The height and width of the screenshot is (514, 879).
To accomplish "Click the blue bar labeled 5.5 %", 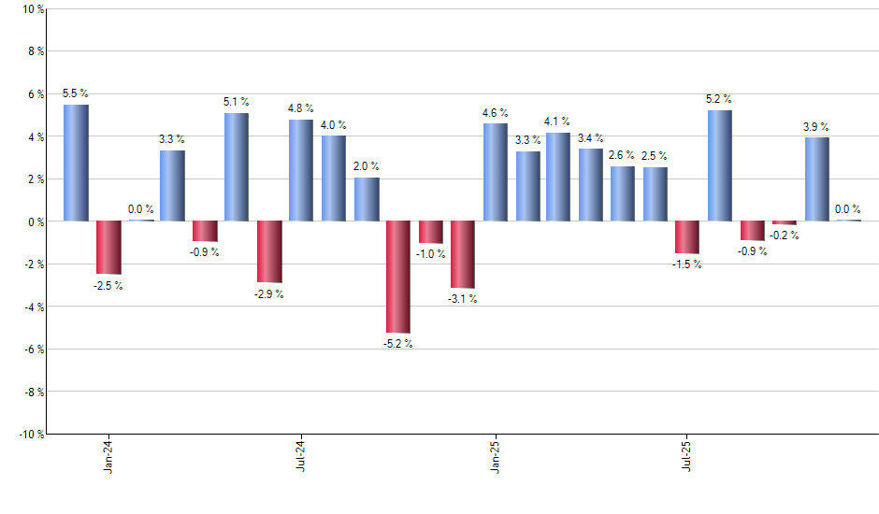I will point(77,163).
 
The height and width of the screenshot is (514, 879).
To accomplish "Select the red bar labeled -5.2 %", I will point(398,277).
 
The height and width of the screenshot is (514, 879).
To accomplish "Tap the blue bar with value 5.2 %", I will point(720,165).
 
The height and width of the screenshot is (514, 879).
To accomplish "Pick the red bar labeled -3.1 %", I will point(463,254).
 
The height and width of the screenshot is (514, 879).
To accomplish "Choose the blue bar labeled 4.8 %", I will point(301,170).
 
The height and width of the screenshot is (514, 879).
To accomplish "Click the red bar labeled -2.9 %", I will point(269,251).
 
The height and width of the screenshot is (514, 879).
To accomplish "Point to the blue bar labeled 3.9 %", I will point(816,179).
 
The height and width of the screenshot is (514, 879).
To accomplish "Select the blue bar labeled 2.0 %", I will point(367,199).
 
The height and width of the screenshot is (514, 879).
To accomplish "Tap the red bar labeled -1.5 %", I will point(687,237).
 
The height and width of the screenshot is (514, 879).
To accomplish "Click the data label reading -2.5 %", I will point(108,286).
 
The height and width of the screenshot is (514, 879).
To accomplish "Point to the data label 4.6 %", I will point(496,113).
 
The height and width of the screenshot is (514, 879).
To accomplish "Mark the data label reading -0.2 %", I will point(784,236).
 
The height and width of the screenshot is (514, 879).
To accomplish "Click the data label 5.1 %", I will point(237,102).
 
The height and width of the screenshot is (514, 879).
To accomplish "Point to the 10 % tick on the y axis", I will point(33,9).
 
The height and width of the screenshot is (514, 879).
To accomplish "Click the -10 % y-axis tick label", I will point(31,434).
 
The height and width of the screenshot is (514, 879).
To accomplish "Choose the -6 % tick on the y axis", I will point(33,349).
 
